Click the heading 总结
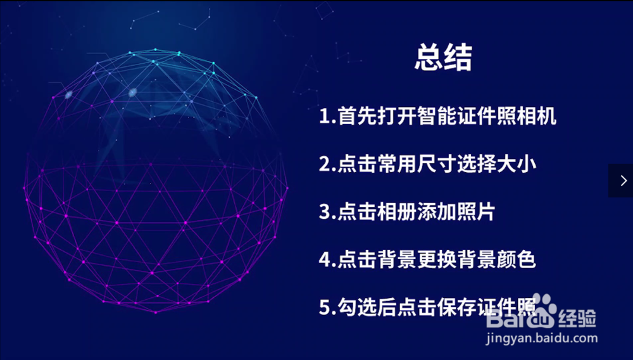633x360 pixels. [x=443, y=58]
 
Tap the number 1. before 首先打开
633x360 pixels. [x=327, y=116]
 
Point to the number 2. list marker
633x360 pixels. [x=327, y=164]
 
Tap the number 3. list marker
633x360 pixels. [x=327, y=212]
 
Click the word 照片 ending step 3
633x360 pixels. [x=477, y=211]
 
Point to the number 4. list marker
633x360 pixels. [x=327, y=259]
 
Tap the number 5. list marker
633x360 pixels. [x=327, y=307]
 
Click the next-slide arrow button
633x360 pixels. [x=621, y=180]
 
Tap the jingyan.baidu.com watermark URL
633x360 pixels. [x=541, y=338]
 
